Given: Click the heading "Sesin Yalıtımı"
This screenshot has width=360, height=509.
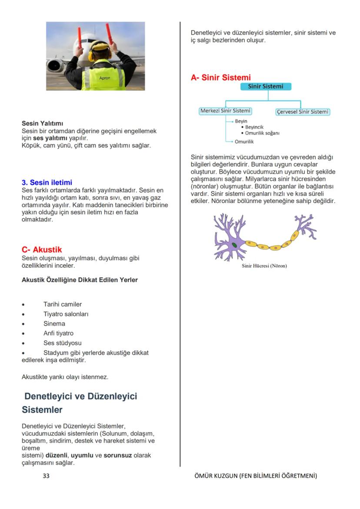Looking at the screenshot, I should pos(43,124).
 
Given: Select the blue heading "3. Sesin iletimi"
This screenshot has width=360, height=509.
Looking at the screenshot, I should pos(47,183).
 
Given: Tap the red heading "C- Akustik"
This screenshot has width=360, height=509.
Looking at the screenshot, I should pos(42,250).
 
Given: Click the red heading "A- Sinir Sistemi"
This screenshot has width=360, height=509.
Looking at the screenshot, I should pos(220,78).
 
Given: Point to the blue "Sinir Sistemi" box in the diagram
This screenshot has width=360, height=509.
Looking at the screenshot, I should pos(265,86).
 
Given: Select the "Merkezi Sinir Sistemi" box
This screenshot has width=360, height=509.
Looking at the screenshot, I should pos(225,111).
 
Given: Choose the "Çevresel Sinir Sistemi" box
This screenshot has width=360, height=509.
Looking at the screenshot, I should pos(302,112).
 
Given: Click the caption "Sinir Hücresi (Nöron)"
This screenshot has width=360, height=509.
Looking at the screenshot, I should pos(264,266).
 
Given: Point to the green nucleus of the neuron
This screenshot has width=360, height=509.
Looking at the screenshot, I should pos(235,245).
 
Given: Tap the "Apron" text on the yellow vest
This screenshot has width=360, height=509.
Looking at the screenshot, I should pos(105,78).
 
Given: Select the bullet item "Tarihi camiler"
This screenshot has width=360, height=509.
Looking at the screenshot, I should pos(62,304).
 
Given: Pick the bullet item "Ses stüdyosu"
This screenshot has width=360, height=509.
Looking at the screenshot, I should pos(62,343).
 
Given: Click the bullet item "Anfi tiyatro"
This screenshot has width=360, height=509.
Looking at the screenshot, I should pos(58,333).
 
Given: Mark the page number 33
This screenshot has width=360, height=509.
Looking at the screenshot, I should pos(46,476).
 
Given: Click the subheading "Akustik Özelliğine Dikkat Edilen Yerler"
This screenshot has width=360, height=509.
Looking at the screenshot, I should pos(80,280).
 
